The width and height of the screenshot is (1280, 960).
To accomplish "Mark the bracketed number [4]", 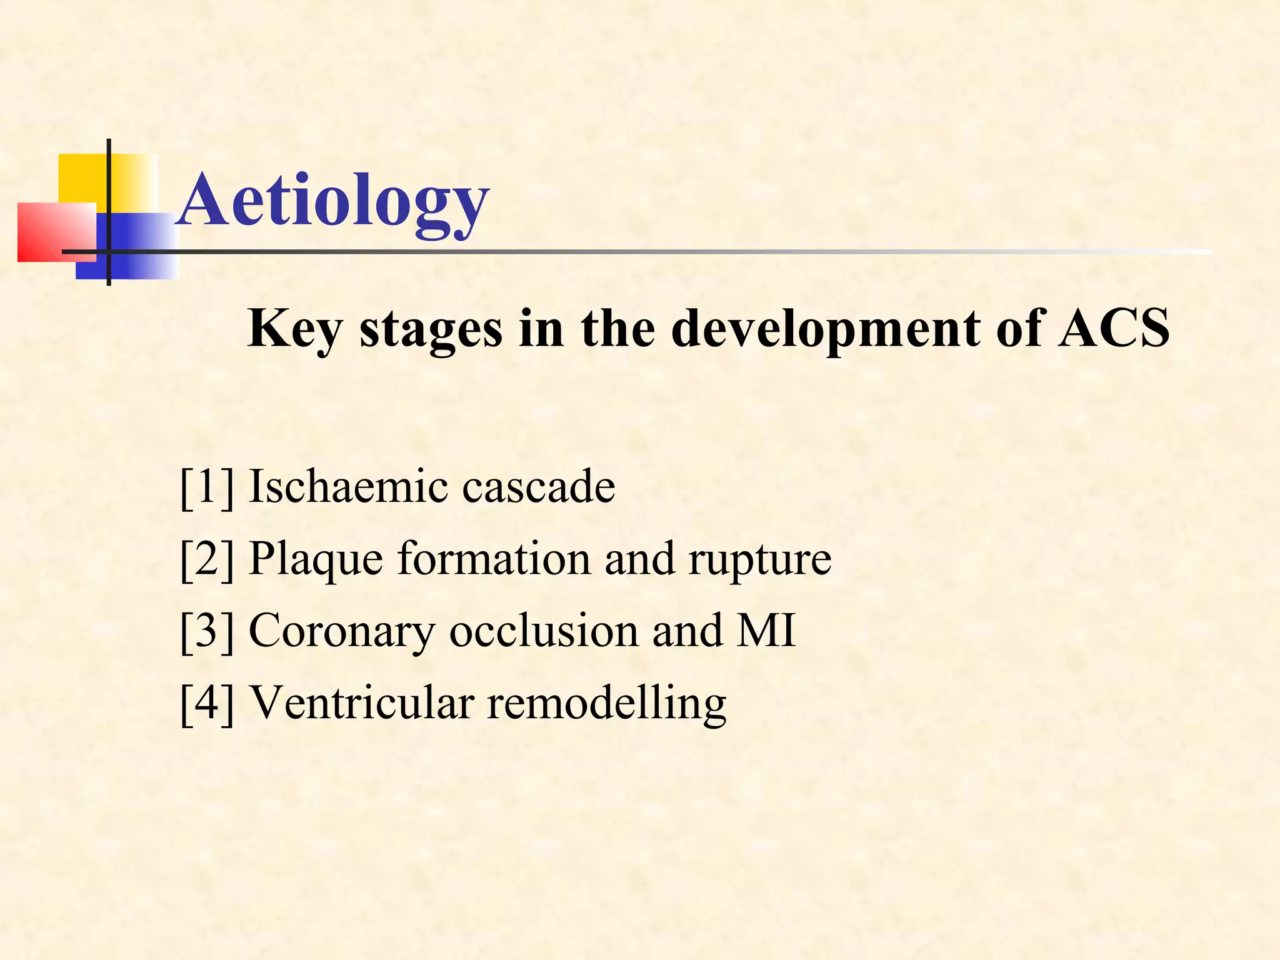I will pyautogui.click(x=207, y=704).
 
